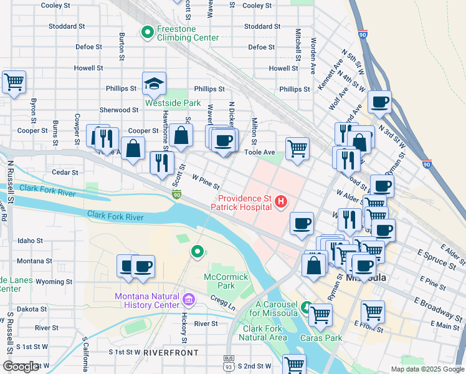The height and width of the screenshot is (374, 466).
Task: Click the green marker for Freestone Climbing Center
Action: [x=148, y=31]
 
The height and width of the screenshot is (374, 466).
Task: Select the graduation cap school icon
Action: [x=154, y=83]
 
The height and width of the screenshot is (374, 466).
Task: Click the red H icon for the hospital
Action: [x=281, y=201]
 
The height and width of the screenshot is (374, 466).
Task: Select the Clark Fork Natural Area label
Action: [x=265, y=333]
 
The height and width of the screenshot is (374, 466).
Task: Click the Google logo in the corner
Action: [x=21, y=367]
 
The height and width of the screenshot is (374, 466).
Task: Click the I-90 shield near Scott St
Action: [x=177, y=196]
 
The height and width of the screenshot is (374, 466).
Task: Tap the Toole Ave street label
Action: [x=260, y=151]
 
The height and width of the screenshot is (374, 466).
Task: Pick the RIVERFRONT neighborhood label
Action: [x=171, y=352]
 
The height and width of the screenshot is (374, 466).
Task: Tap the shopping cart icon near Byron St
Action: [x=14, y=82]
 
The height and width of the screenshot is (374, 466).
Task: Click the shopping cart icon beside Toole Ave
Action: [x=298, y=148]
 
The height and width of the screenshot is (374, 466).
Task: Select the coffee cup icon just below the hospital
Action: [x=302, y=223]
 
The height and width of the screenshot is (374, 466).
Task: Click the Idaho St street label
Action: [x=30, y=240]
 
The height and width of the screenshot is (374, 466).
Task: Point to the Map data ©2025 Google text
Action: [x=427, y=369]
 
